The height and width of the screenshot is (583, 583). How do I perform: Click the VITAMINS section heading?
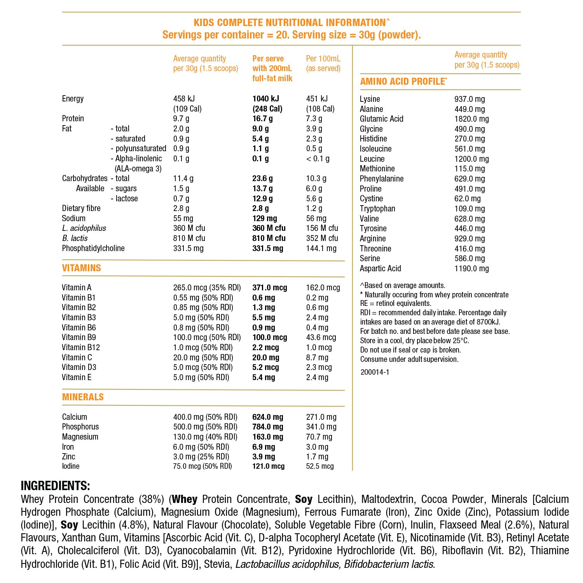pyautogui.click(x=81, y=268)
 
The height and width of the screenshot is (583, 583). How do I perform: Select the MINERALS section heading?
pyautogui.click(x=83, y=397)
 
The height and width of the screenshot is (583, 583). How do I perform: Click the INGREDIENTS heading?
pyautogui.click(x=55, y=486)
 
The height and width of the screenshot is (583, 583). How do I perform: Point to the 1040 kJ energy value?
pyautogui.click(x=265, y=99)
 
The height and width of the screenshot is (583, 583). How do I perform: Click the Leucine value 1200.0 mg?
pyautogui.click(x=471, y=159)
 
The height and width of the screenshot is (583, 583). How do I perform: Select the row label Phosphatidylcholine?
pyautogui.click(x=93, y=248)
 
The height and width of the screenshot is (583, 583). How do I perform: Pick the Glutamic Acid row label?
pyautogui.click(x=381, y=119)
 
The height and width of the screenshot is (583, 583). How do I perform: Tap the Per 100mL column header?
pyautogui.click(x=323, y=63)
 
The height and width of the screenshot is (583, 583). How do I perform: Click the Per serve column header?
pyautogui.click(x=272, y=68)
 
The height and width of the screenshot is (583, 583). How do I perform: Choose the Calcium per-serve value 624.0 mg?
pyautogui.click(x=267, y=417)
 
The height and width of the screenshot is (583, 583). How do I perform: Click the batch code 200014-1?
pyautogui.click(x=375, y=372)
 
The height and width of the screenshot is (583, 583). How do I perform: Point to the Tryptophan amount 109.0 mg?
pyautogui.click(x=470, y=209)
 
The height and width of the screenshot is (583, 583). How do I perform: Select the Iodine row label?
pyautogui.click(x=71, y=466)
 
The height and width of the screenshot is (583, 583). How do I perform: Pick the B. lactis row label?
pyautogui.click(x=75, y=238)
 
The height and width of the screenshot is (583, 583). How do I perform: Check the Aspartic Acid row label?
pyautogui.click(x=380, y=269)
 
